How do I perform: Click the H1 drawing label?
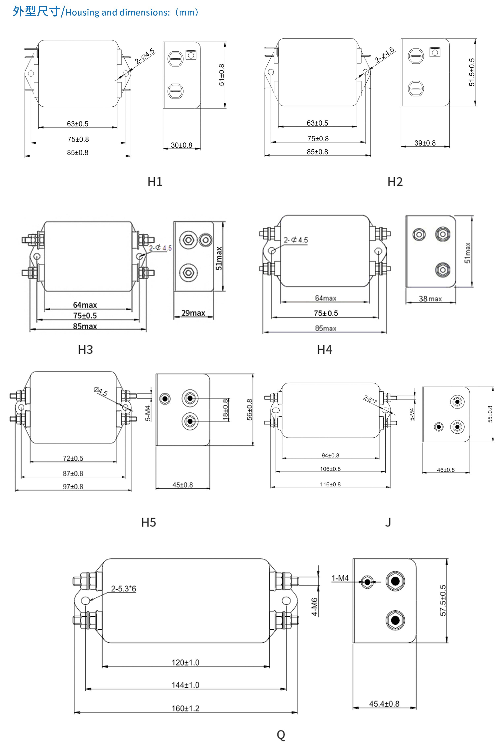(x=155, y=182)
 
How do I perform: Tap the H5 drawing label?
(x=149, y=522)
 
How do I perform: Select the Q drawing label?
(x=281, y=735)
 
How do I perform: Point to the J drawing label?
(x=388, y=522)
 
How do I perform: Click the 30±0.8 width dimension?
(x=181, y=145)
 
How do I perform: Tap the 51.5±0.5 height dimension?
(x=472, y=72)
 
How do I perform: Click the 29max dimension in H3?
(x=193, y=313)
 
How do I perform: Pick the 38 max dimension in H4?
(x=430, y=299)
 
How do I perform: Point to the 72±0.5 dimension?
(x=73, y=458)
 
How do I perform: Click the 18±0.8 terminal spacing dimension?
(x=226, y=410)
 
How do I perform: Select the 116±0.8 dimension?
(x=330, y=484)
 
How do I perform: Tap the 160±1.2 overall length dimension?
(x=186, y=708)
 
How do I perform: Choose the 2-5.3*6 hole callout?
(x=124, y=589)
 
